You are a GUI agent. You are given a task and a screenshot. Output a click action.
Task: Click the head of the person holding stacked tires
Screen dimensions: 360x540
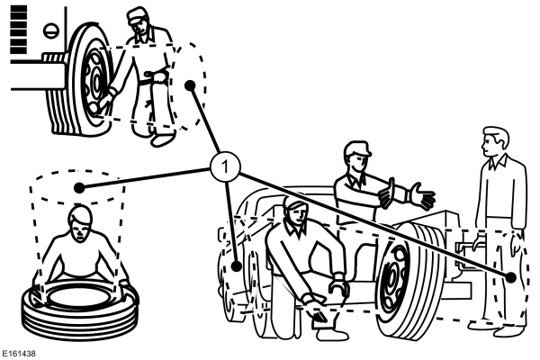79,220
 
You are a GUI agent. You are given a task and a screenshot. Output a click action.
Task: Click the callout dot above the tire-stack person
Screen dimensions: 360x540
80,188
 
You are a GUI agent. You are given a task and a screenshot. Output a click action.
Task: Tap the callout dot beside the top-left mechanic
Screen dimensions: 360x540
190,85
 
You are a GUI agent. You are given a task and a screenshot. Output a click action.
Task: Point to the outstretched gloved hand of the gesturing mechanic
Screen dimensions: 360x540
418,194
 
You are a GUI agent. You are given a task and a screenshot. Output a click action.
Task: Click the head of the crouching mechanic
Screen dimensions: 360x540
295,211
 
